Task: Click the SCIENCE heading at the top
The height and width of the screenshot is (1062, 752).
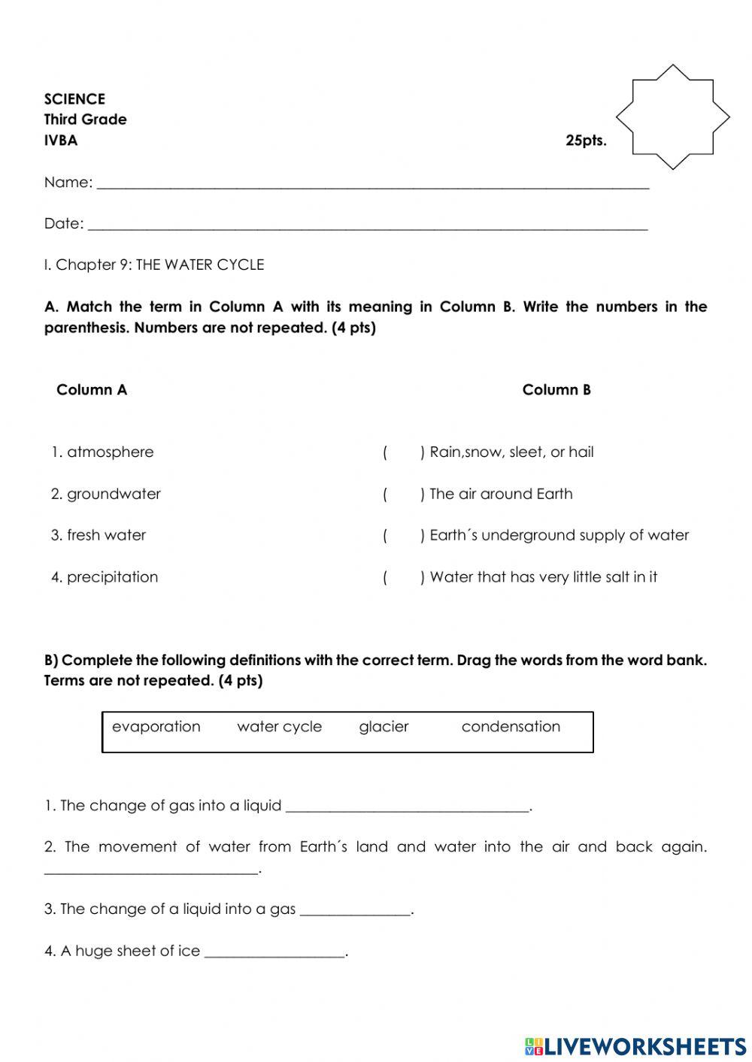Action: pos(74,99)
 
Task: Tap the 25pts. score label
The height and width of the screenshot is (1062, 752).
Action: pos(586,141)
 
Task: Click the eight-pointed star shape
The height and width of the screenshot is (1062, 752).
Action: pos(672,116)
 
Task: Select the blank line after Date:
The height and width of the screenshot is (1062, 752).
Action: pos(367,225)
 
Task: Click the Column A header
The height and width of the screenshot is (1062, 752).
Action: pos(92,390)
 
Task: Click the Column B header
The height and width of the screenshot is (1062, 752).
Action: pos(556,390)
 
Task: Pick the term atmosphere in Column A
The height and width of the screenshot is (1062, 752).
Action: pos(110,452)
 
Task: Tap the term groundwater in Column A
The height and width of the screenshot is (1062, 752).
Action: pos(114,495)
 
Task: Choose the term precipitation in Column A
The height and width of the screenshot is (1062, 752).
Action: pos(112,577)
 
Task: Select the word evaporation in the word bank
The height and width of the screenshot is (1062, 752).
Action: pos(156,727)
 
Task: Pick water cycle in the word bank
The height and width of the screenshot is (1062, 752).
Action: pos(279,727)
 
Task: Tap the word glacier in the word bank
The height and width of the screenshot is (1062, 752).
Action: pos(384,727)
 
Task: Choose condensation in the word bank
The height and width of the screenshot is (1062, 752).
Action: pos(511,727)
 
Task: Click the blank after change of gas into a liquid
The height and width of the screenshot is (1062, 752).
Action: pos(408,807)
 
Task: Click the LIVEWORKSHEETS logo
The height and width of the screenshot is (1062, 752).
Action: pos(635,1045)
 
